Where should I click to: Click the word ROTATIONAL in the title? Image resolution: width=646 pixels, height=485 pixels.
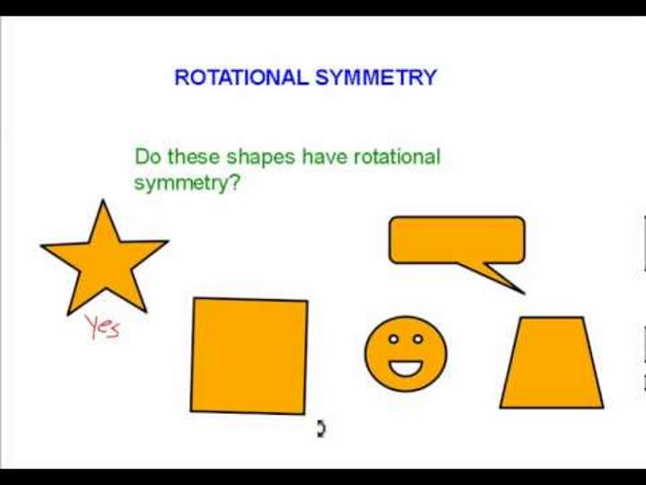click(x=240, y=77)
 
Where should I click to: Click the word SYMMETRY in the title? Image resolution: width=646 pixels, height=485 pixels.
click(x=375, y=77)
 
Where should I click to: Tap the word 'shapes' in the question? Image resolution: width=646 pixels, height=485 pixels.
click(x=260, y=157)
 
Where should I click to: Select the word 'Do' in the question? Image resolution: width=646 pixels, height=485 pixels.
click(x=146, y=157)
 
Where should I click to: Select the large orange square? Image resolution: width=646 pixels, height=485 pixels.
click(x=249, y=356)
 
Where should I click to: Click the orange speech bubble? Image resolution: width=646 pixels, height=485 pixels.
click(x=456, y=240)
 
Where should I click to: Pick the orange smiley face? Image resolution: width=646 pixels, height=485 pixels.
click(x=406, y=353)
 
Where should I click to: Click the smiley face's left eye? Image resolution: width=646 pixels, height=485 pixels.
click(x=393, y=339)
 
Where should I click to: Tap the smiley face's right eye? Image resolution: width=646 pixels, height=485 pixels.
click(x=418, y=339)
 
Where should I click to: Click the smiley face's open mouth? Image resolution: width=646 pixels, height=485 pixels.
click(x=406, y=366)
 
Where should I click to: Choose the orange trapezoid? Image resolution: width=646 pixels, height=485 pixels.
click(x=551, y=363)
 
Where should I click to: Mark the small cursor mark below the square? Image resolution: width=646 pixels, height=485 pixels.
click(x=320, y=428)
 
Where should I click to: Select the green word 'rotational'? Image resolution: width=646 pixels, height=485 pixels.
click(x=397, y=157)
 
